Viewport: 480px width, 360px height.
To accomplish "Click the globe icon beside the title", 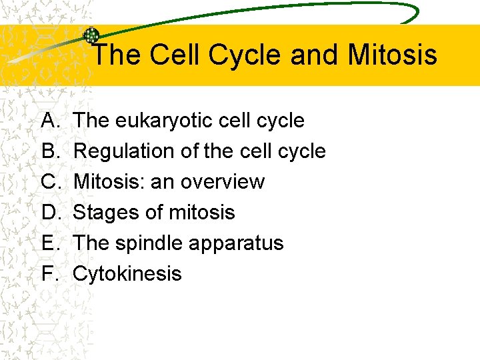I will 91,35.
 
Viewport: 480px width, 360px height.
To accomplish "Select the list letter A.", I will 49,121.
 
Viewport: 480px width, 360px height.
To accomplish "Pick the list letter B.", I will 49,151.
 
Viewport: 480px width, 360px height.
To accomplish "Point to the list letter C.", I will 50,182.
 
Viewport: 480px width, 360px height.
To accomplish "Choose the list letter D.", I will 50,213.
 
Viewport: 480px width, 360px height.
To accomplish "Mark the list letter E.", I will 49,243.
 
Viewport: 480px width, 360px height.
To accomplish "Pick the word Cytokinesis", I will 127,274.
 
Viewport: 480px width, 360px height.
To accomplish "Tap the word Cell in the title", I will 175,55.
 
